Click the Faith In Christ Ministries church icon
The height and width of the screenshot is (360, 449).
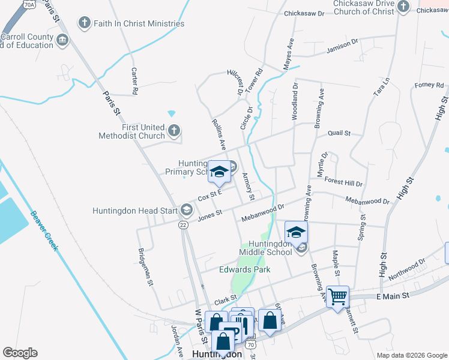(x=85, y=24)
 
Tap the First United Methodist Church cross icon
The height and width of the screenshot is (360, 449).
(x=174, y=131)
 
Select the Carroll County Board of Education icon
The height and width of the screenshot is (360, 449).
(x=62, y=41)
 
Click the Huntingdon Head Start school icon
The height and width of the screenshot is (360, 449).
(x=187, y=210)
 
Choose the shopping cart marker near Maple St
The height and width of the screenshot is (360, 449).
(x=338, y=296)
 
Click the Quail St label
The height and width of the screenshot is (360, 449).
(x=339, y=133)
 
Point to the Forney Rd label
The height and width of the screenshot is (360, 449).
(x=429, y=85)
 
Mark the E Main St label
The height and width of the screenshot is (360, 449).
(x=393, y=296)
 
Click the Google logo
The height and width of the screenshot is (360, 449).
(x=20, y=353)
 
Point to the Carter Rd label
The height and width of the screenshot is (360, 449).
(x=134, y=80)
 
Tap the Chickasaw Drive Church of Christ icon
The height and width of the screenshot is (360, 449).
(x=403, y=7)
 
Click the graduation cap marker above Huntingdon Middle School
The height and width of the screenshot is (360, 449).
(x=296, y=232)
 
